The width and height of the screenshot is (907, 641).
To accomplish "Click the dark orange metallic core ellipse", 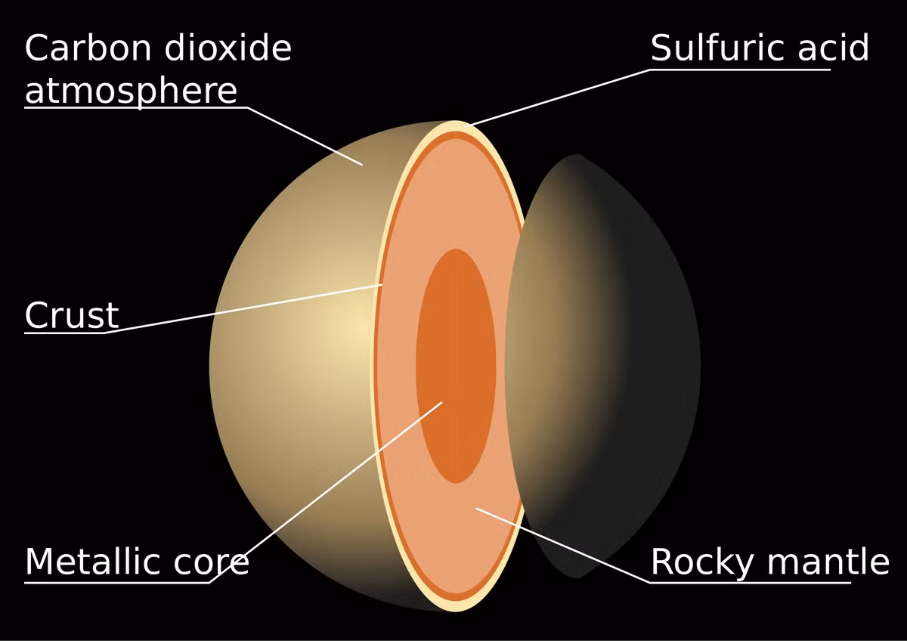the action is [456, 366].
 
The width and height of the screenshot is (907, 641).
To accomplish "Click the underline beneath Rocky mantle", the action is [751, 583].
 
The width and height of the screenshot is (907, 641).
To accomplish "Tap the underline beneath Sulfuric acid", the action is [741, 70].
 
